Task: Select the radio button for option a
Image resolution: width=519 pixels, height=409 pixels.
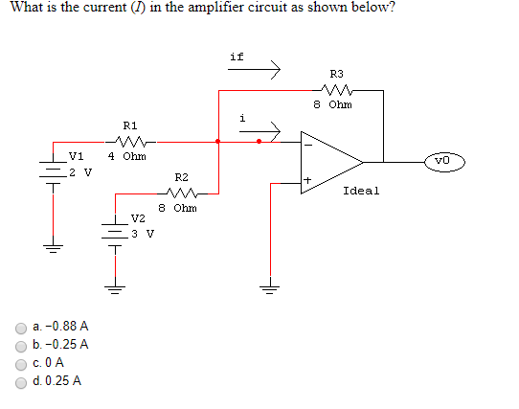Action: [21, 327]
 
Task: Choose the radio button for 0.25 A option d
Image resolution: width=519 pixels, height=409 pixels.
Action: [21, 381]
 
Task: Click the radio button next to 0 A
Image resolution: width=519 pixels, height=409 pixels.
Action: [21, 363]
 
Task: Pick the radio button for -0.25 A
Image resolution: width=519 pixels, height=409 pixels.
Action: [21, 345]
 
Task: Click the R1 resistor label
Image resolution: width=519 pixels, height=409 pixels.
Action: [130, 125]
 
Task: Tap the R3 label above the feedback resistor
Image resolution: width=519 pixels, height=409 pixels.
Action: [336, 73]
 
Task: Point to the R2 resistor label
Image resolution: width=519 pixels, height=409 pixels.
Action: [182, 177]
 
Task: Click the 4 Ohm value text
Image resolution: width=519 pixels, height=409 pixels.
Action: [126, 156]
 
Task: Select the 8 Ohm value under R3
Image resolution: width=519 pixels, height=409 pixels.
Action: [332, 104]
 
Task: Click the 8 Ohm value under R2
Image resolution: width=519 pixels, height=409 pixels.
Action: [178, 207]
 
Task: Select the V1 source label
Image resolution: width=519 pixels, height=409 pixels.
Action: [77, 156]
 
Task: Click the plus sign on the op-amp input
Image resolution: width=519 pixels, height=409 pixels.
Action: [308, 180]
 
